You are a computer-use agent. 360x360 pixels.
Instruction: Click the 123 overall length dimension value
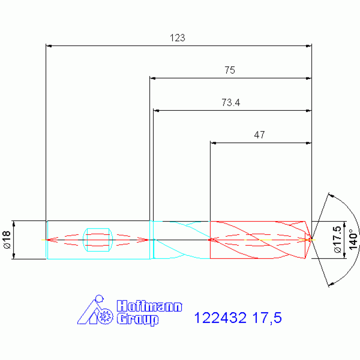click(x=177, y=38)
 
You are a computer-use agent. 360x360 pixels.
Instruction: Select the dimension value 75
click(x=230, y=70)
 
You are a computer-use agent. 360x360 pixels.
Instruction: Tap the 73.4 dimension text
click(x=231, y=103)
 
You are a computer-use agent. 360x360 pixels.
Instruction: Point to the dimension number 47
click(x=260, y=135)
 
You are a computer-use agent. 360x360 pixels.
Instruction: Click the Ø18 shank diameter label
click(x=7, y=240)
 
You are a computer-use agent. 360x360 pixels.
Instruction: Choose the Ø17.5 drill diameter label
click(x=338, y=239)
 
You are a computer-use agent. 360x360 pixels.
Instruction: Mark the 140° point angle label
click(x=353, y=239)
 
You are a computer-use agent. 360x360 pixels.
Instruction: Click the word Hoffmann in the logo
click(x=149, y=306)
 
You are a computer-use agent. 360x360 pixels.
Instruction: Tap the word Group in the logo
click(x=138, y=319)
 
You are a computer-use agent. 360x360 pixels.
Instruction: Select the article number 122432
click(x=220, y=318)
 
